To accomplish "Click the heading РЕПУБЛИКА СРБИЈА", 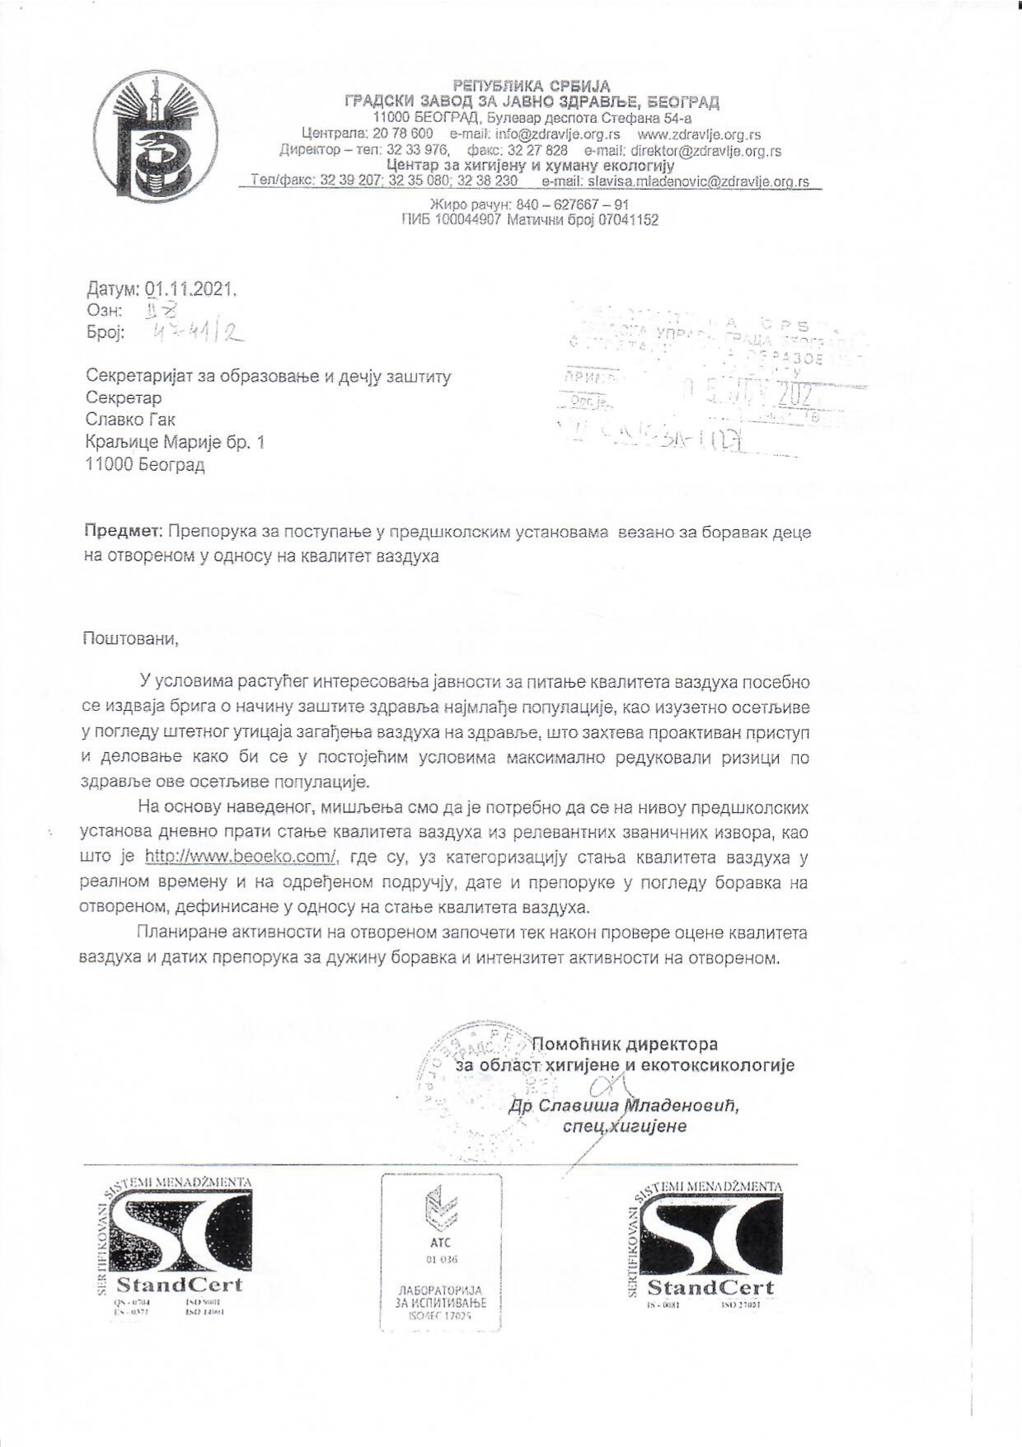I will (532, 86).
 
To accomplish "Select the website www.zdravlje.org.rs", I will (700, 134).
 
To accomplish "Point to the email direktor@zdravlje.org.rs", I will (706, 151).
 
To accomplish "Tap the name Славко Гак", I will (131, 420).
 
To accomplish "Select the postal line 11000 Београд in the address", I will (145, 465).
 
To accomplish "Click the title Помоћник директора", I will (625, 1044).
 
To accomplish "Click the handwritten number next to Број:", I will (195, 333).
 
